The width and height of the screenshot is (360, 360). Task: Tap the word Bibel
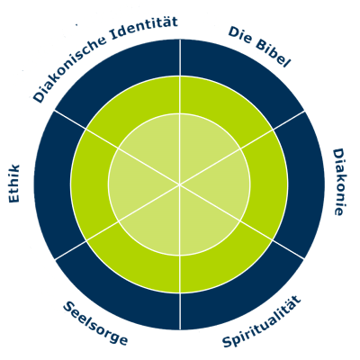[273, 53]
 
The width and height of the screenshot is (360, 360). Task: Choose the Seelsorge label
[95, 323]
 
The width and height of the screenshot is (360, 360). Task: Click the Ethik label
[14, 184]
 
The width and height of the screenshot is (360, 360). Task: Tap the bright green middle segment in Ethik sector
[90, 184]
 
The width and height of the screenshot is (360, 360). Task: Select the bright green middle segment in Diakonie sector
[269, 184]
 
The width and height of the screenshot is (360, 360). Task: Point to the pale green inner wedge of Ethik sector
[133, 184]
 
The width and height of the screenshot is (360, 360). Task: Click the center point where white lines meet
[180, 184]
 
